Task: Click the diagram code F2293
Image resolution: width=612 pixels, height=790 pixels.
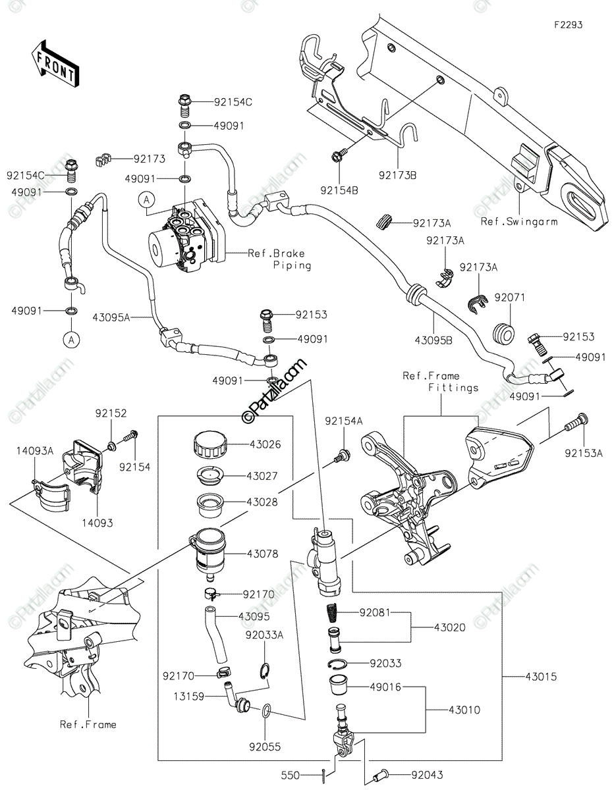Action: (x=567, y=25)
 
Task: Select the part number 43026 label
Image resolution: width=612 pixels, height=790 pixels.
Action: (x=265, y=444)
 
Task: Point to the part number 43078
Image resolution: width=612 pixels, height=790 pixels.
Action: (x=265, y=554)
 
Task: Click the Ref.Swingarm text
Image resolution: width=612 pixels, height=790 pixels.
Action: (x=518, y=222)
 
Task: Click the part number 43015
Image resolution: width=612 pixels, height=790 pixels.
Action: (x=539, y=676)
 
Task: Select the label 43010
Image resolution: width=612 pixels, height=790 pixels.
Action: (x=465, y=710)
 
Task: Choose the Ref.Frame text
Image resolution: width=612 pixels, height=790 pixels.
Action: (x=88, y=724)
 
